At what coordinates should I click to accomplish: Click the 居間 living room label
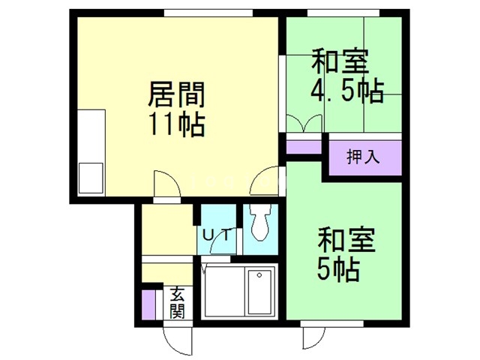175,95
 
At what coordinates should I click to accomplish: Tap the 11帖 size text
175,124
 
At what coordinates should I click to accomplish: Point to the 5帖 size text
337,267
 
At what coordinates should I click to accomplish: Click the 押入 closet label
363,157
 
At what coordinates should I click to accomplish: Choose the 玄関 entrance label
176,301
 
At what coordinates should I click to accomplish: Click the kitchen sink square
91,177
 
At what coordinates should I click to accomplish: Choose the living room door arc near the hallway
165,183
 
